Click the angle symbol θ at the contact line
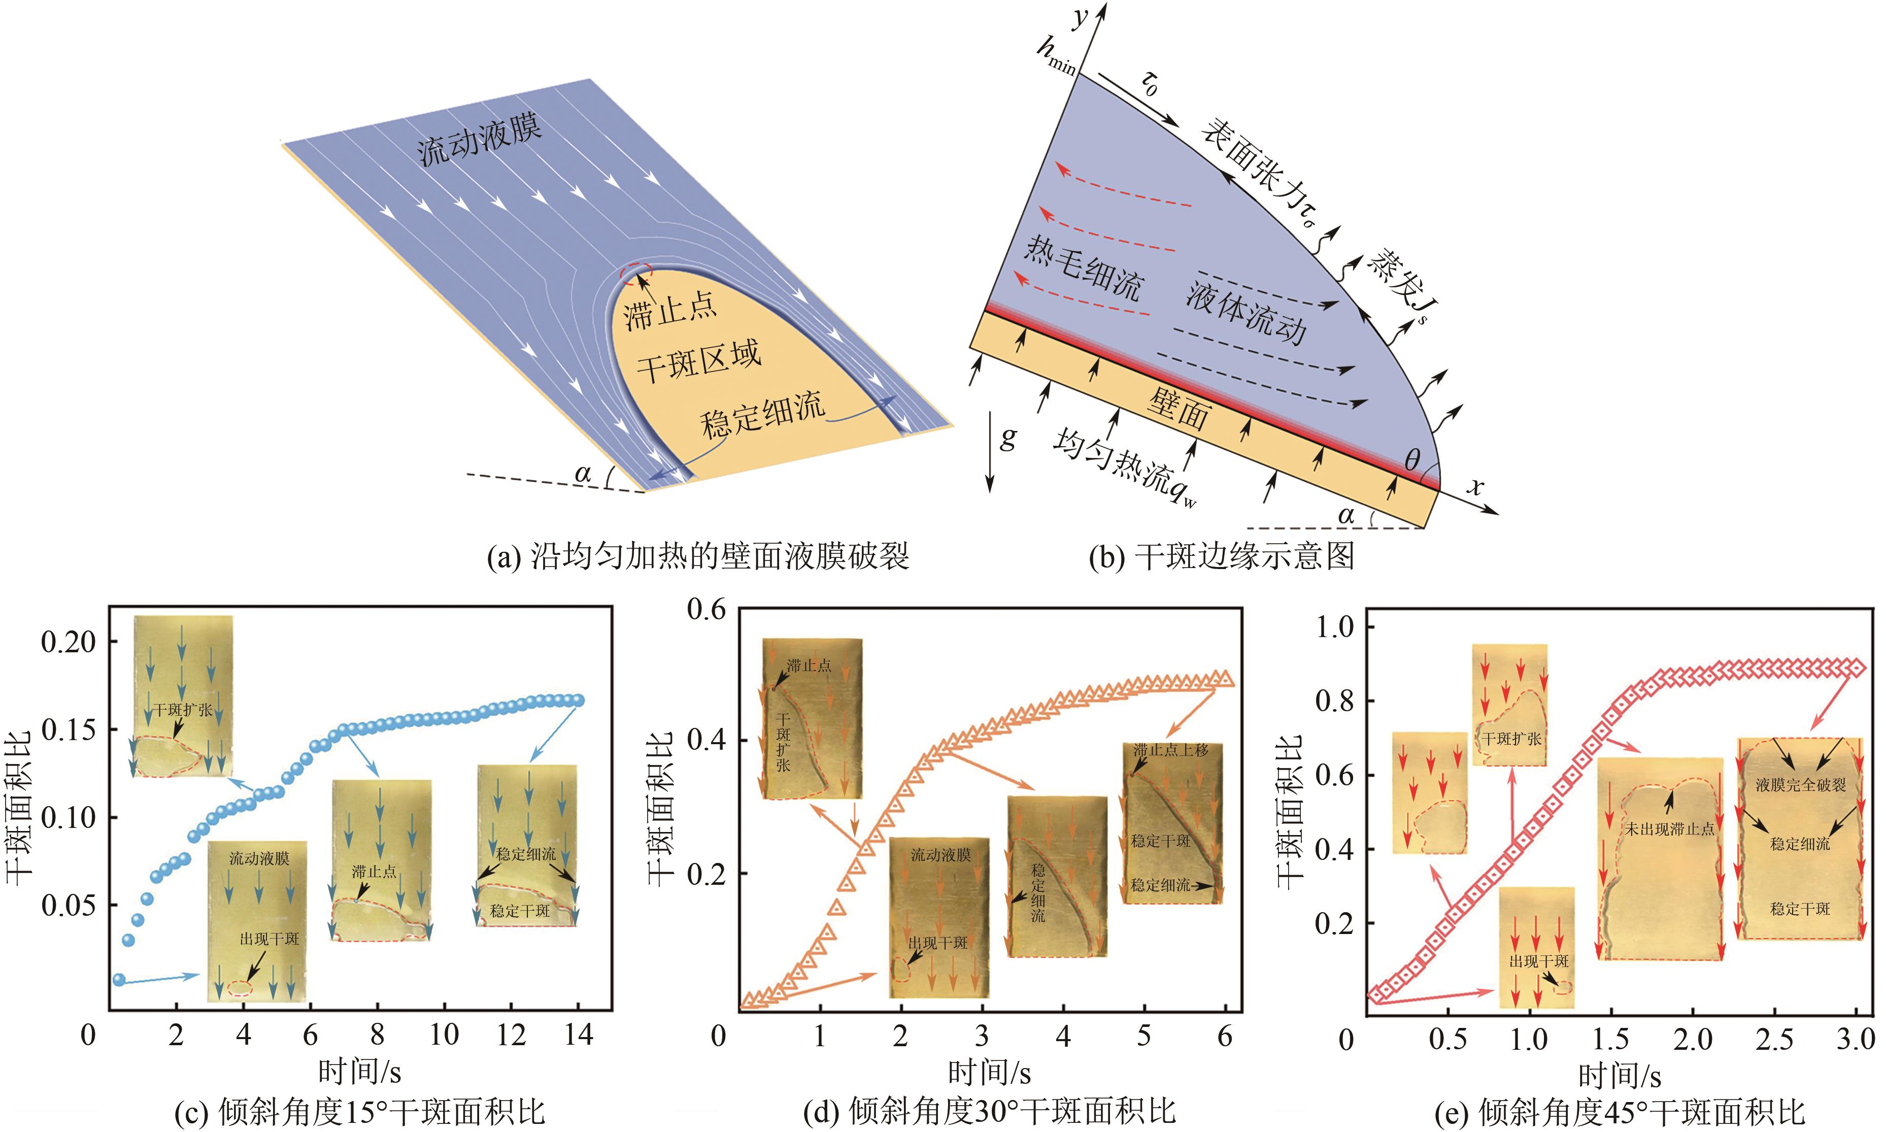click(x=1411, y=460)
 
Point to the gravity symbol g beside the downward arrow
click(x=1008, y=438)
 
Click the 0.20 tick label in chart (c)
click(x=69, y=642)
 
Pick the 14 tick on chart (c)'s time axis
click(x=578, y=1035)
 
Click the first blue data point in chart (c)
click(x=118, y=979)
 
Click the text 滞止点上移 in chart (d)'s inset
click(x=1171, y=750)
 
